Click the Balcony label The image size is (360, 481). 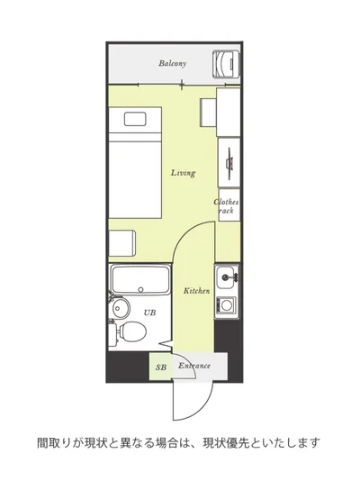point(173,63)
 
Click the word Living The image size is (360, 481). point(183,173)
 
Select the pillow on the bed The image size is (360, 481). point(135,119)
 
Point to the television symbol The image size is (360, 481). point(229,162)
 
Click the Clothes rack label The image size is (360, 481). point(226,206)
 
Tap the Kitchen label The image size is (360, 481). point(197,291)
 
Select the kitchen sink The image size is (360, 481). point(227,278)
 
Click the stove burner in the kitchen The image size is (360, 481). point(227,305)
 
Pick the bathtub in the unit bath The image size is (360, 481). point(140,280)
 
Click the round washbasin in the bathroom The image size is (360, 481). point(121,307)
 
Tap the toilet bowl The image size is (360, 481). point(132,331)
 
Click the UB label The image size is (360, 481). point(149,313)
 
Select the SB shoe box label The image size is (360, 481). point(161,368)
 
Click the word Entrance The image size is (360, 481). point(194,366)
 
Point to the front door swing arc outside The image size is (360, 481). point(202,408)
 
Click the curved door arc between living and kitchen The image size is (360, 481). point(185,232)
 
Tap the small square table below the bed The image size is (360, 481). point(122,243)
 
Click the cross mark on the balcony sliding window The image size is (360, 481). point(182,85)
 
